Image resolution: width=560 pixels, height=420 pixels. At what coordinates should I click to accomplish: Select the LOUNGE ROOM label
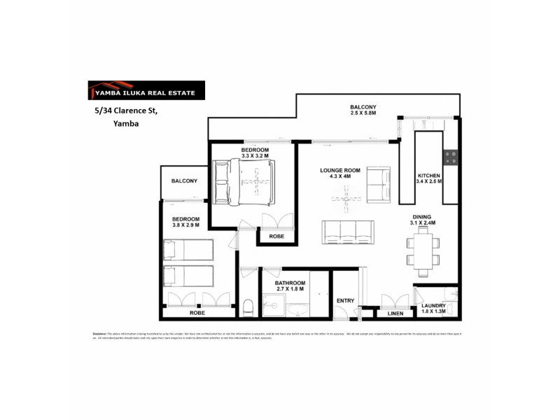(340, 170)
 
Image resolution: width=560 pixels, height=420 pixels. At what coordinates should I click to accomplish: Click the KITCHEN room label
(428, 176)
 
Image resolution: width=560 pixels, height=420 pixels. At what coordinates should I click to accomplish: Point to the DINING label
(422, 217)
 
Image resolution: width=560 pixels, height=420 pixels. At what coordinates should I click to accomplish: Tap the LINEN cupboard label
(395, 313)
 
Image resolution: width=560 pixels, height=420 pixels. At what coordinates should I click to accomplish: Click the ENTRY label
(345, 300)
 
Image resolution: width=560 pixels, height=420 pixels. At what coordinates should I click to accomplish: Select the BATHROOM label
(290, 282)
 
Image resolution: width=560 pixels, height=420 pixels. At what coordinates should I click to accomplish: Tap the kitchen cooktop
(451, 158)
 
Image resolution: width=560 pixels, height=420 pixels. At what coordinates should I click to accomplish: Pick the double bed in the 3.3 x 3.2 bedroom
(244, 182)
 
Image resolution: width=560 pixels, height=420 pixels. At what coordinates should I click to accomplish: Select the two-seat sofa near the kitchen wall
(379, 184)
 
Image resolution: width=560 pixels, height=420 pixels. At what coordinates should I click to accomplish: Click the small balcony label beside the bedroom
(184, 181)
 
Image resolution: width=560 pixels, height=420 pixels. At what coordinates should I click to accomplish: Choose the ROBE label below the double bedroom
(276, 237)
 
